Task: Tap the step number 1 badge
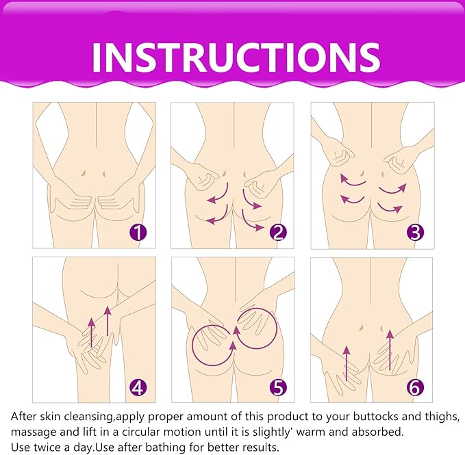coord(138,232)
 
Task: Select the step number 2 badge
coord(277,232)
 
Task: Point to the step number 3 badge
coord(415,232)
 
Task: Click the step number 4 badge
coord(138,388)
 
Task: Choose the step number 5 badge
coord(277,388)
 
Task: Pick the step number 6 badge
coord(415,388)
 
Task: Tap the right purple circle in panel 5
coord(259,326)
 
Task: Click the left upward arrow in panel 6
coord(347,363)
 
